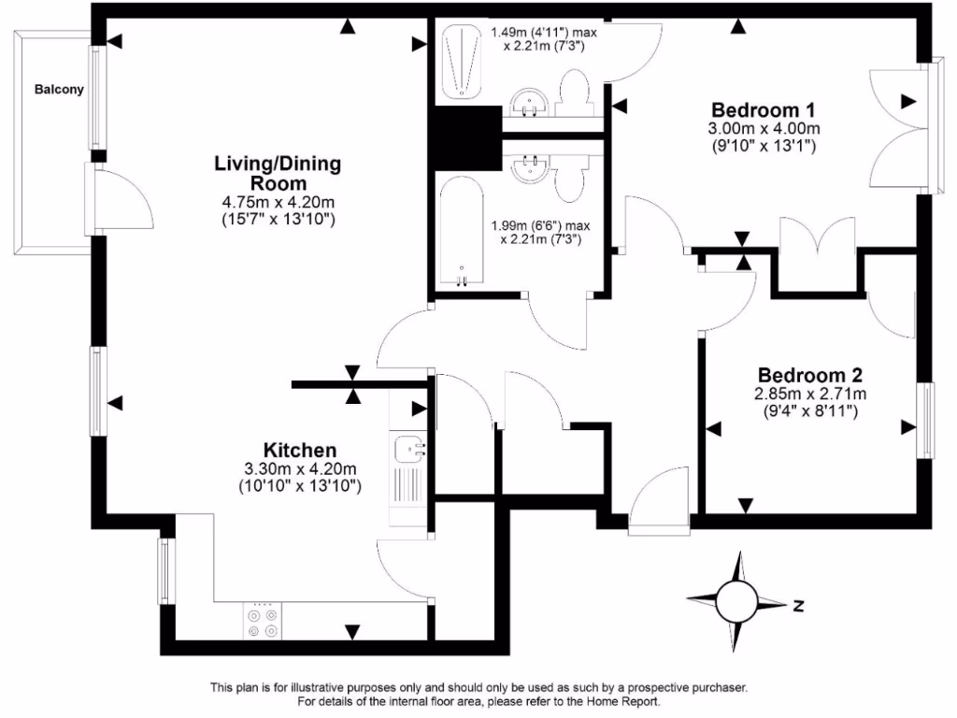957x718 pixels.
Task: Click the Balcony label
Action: pyautogui.click(x=59, y=91)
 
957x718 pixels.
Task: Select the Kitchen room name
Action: pyautogui.click(x=299, y=450)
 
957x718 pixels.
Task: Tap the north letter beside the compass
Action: pyautogui.click(x=798, y=605)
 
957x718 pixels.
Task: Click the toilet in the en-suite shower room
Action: pyautogui.click(x=571, y=95)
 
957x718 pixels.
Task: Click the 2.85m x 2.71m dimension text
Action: pyautogui.click(x=811, y=394)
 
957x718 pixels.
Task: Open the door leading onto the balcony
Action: pyautogui.click(x=117, y=197)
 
